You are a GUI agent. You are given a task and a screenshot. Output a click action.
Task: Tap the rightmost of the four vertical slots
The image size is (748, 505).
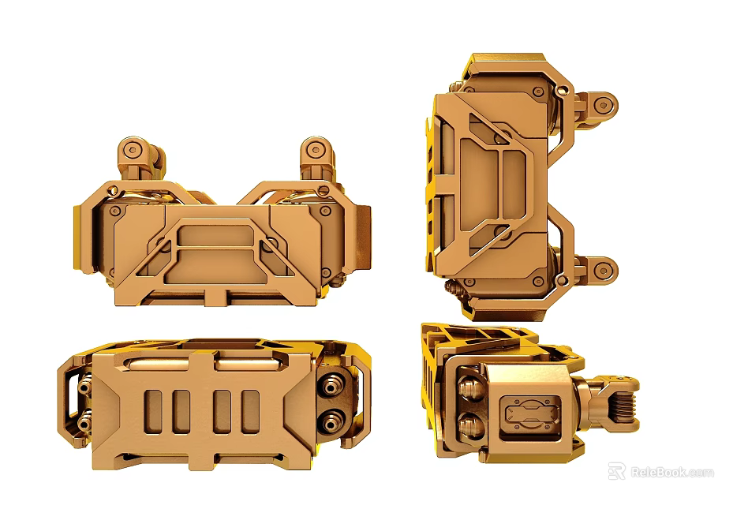pyautogui.click(x=251, y=411)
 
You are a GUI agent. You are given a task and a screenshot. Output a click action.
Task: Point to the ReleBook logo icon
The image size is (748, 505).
pyautogui.click(x=616, y=472)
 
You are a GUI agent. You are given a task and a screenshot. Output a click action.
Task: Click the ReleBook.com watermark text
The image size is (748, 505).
pyautogui.click(x=672, y=473)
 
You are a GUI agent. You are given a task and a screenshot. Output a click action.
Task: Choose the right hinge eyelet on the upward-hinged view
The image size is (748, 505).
pyautogui.click(x=316, y=148)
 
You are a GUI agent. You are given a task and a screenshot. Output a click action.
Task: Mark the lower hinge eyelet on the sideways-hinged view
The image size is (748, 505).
pyautogui.click(x=604, y=272)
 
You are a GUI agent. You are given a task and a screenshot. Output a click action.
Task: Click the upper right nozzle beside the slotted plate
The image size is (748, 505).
pyautogui.click(x=331, y=385)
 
